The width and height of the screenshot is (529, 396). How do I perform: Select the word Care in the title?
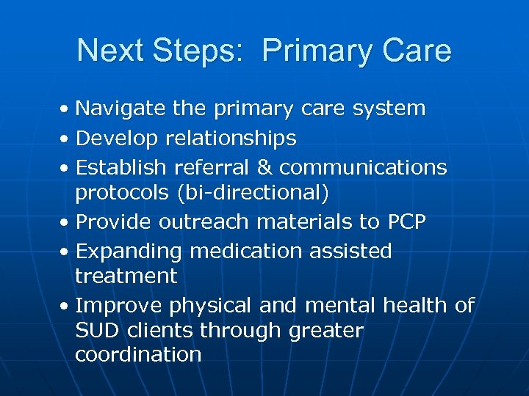(x=417, y=51)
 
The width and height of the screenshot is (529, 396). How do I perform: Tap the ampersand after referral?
(x=264, y=168)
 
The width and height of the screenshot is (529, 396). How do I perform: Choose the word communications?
(x=363, y=168)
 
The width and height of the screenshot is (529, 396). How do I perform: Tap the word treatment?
(x=126, y=276)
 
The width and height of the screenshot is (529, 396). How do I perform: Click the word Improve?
(x=119, y=305)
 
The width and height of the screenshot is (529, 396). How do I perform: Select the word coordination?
(x=138, y=356)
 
